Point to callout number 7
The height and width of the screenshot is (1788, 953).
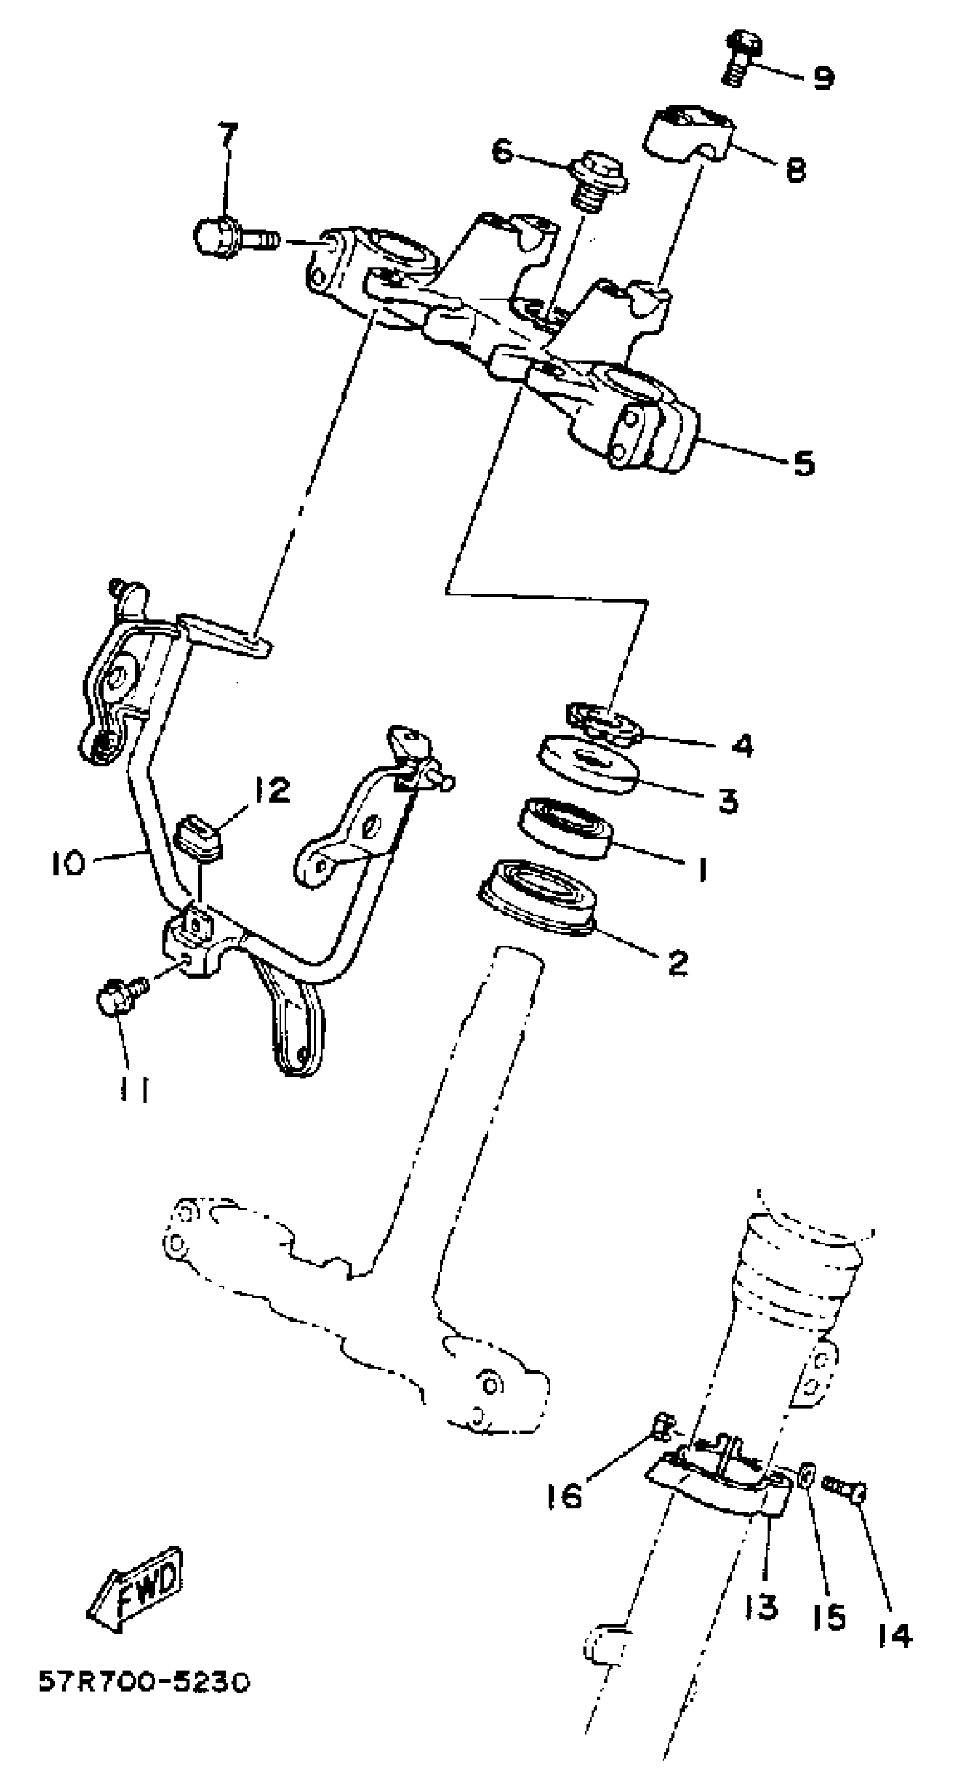[x=228, y=133]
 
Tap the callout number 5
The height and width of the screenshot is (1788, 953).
[x=803, y=463]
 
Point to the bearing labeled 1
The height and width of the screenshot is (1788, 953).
[x=565, y=827]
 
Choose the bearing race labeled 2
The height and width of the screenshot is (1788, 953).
[x=537, y=897]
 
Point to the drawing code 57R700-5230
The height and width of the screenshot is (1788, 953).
[x=143, y=1683]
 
